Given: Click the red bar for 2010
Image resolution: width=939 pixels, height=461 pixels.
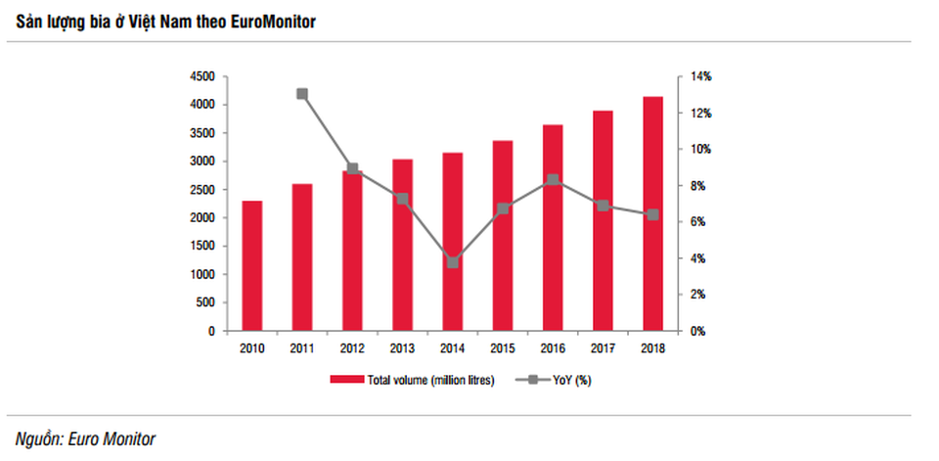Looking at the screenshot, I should click(x=251, y=266).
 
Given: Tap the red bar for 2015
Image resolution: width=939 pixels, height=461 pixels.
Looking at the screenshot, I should click(x=503, y=236).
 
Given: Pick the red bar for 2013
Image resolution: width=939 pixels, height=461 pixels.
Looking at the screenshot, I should click(x=402, y=245).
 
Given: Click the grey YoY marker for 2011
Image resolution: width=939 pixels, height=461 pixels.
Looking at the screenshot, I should click(x=301, y=94).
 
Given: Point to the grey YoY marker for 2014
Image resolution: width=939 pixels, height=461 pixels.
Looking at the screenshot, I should click(x=453, y=261).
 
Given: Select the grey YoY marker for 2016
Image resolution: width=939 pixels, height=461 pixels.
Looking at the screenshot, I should click(x=553, y=180).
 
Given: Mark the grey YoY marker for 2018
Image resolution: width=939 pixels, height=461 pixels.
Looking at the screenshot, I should click(x=653, y=214).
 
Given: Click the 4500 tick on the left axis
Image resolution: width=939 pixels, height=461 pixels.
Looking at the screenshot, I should click(x=202, y=76).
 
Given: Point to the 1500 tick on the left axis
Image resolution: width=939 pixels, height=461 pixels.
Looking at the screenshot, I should click(x=202, y=247).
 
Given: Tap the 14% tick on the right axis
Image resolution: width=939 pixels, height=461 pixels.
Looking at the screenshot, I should click(x=701, y=76).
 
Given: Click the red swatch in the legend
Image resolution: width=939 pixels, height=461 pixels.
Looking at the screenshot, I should click(x=344, y=380).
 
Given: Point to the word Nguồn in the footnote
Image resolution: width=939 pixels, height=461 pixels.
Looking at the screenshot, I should click(x=37, y=438).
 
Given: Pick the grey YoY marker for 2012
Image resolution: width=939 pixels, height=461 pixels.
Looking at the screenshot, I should click(x=352, y=168).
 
